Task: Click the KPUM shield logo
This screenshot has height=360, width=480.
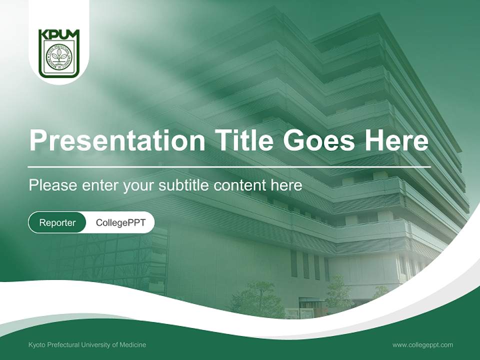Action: tap(59, 53)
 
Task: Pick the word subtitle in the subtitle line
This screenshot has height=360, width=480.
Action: tap(184, 185)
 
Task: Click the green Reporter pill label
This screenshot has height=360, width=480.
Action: tap(57, 222)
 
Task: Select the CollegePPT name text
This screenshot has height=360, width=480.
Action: tap(120, 222)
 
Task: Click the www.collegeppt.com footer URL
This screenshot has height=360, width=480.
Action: tap(422, 344)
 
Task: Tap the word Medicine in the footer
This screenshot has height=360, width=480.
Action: tap(132, 344)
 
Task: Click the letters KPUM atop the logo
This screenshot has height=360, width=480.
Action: tap(59, 35)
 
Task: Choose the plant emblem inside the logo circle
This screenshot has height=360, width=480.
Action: tap(59, 57)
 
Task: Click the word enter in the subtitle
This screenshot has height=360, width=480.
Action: tap(95, 185)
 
